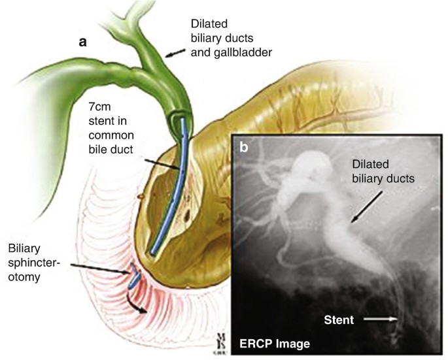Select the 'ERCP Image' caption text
[273, 342]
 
